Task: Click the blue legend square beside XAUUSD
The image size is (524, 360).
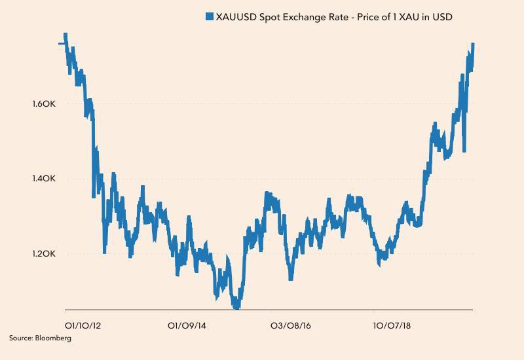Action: (x=210, y=17)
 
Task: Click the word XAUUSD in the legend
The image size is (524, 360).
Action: (x=236, y=17)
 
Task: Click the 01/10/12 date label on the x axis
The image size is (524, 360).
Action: (x=82, y=325)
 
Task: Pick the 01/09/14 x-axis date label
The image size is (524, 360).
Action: (x=187, y=325)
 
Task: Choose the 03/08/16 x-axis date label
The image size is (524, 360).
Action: (x=291, y=325)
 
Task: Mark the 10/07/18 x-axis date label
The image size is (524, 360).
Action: (x=392, y=325)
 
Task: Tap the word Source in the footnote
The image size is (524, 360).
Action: (x=21, y=338)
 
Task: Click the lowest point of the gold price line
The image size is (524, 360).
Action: (x=236, y=306)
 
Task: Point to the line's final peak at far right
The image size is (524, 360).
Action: (x=472, y=45)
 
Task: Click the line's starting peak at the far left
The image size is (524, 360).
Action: (x=65, y=35)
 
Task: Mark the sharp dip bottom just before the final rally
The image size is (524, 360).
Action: (x=464, y=151)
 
